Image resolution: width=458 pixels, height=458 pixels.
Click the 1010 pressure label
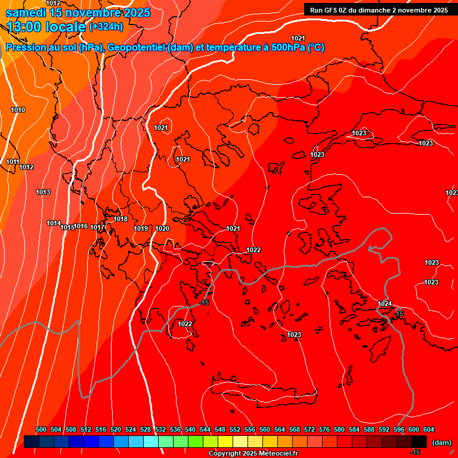pyautogui.click(x=18, y=110)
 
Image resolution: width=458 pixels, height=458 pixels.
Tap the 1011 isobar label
pyautogui.click(x=13, y=162)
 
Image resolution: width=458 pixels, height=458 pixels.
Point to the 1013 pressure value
pyautogui.click(x=43, y=192)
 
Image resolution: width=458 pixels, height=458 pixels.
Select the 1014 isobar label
pyautogui.click(x=54, y=223)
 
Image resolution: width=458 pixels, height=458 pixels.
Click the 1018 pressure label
pyautogui.click(x=120, y=219)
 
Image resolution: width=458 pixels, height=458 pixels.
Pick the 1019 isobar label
pyautogui.click(x=141, y=228)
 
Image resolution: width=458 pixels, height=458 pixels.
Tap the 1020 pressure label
pyautogui.click(x=162, y=228)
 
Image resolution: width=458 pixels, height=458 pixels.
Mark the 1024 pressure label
pyautogui.click(x=385, y=304)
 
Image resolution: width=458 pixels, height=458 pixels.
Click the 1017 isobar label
pyautogui.click(x=98, y=227)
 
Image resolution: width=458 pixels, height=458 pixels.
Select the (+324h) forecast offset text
pyautogui.click(x=106, y=26)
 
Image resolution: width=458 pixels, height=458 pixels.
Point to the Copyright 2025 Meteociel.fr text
pyautogui.click(x=253, y=453)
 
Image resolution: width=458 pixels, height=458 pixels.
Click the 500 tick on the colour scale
pyautogui.click(x=41, y=429)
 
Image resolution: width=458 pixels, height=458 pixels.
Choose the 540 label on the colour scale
pyautogui.click(x=190, y=429)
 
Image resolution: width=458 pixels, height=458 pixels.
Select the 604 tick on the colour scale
pyautogui.click(x=429, y=429)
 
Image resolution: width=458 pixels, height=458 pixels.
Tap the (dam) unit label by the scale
pyautogui.click(x=441, y=442)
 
